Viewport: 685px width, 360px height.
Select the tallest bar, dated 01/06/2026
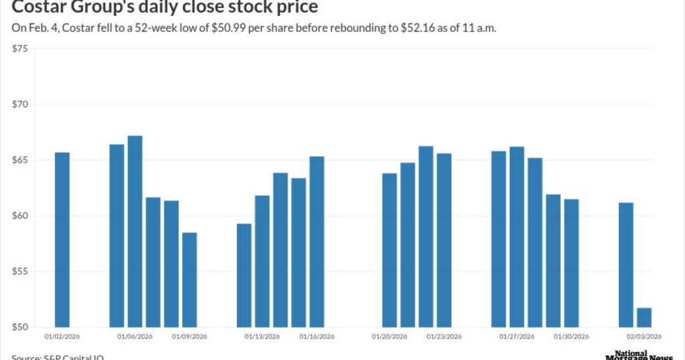point(134,231)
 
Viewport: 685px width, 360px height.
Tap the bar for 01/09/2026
point(189,280)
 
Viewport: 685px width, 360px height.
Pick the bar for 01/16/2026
point(316,242)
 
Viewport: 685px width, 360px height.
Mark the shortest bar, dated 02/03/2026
point(644,317)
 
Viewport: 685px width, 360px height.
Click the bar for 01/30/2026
point(571,263)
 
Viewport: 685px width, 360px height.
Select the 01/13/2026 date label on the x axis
point(262,337)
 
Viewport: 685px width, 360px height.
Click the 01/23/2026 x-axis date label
point(444,337)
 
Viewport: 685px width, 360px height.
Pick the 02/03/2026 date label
point(644,337)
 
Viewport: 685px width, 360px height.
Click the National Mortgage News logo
point(640,355)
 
